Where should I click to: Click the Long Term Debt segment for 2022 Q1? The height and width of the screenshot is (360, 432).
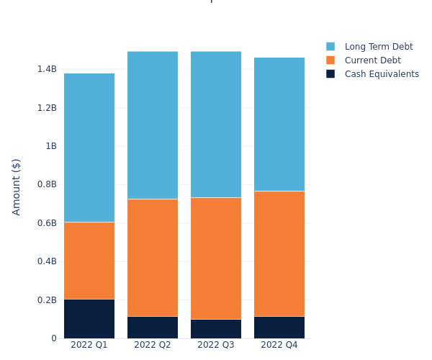(x=89, y=148)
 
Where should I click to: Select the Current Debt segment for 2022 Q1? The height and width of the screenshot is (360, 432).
(x=89, y=261)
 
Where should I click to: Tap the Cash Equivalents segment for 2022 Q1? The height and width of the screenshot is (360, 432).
(x=89, y=318)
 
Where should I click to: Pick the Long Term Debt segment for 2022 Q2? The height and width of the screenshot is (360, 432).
(x=153, y=125)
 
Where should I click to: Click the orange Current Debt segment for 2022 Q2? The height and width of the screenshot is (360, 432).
(x=153, y=258)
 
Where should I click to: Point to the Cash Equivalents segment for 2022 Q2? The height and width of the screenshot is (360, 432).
(x=153, y=327)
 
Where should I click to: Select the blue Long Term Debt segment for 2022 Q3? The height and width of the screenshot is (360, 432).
(x=216, y=125)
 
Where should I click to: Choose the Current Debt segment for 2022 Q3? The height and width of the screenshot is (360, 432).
(x=216, y=258)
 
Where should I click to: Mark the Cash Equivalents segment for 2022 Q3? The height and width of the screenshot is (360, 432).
(x=216, y=328)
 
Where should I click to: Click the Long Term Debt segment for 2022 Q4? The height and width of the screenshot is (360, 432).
(x=279, y=125)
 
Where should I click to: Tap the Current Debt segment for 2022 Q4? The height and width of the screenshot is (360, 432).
(x=279, y=253)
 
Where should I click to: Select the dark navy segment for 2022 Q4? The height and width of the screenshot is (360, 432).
(x=279, y=327)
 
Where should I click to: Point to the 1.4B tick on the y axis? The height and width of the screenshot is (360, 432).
(x=47, y=69)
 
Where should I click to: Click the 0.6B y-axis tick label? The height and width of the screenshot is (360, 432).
(x=47, y=223)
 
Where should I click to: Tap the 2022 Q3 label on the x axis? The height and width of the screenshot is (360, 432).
(x=216, y=345)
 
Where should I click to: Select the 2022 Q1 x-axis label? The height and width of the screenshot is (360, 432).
(x=89, y=345)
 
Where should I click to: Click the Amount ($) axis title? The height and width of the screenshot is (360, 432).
(x=17, y=186)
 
